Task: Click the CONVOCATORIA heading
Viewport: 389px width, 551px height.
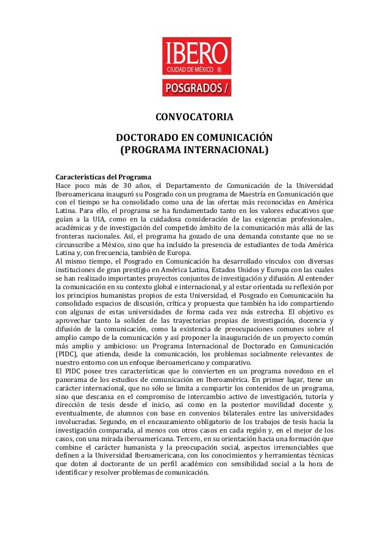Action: (194, 118)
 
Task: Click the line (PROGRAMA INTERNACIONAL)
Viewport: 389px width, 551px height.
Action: (194, 150)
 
